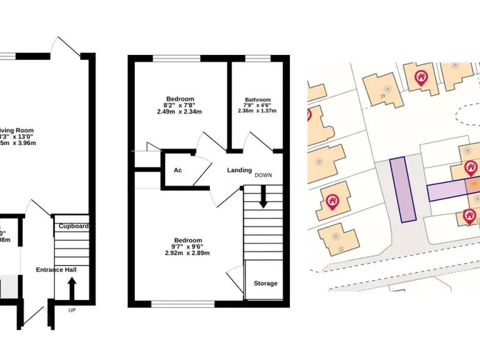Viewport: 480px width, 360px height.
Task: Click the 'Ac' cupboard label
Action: (177, 170)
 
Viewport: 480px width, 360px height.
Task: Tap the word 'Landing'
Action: (239, 170)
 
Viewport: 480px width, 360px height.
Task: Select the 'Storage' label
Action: (265, 284)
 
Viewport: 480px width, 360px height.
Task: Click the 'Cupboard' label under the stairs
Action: (72, 226)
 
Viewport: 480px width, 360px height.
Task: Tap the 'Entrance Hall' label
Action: (60, 269)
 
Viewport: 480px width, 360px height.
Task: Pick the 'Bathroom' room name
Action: (257, 100)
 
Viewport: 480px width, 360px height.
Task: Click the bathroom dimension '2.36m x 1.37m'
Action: (257, 111)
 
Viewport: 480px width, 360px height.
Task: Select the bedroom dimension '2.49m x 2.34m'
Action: (180, 112)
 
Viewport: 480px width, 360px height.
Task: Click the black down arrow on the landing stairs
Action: (263, 199)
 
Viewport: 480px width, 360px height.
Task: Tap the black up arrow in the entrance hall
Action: (71, 288)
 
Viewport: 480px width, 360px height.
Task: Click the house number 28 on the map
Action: (382, 96)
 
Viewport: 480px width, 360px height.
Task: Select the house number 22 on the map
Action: (341, 249)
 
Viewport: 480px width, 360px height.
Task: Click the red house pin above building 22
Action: (332, 201)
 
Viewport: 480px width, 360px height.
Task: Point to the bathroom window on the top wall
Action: (254, 59)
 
